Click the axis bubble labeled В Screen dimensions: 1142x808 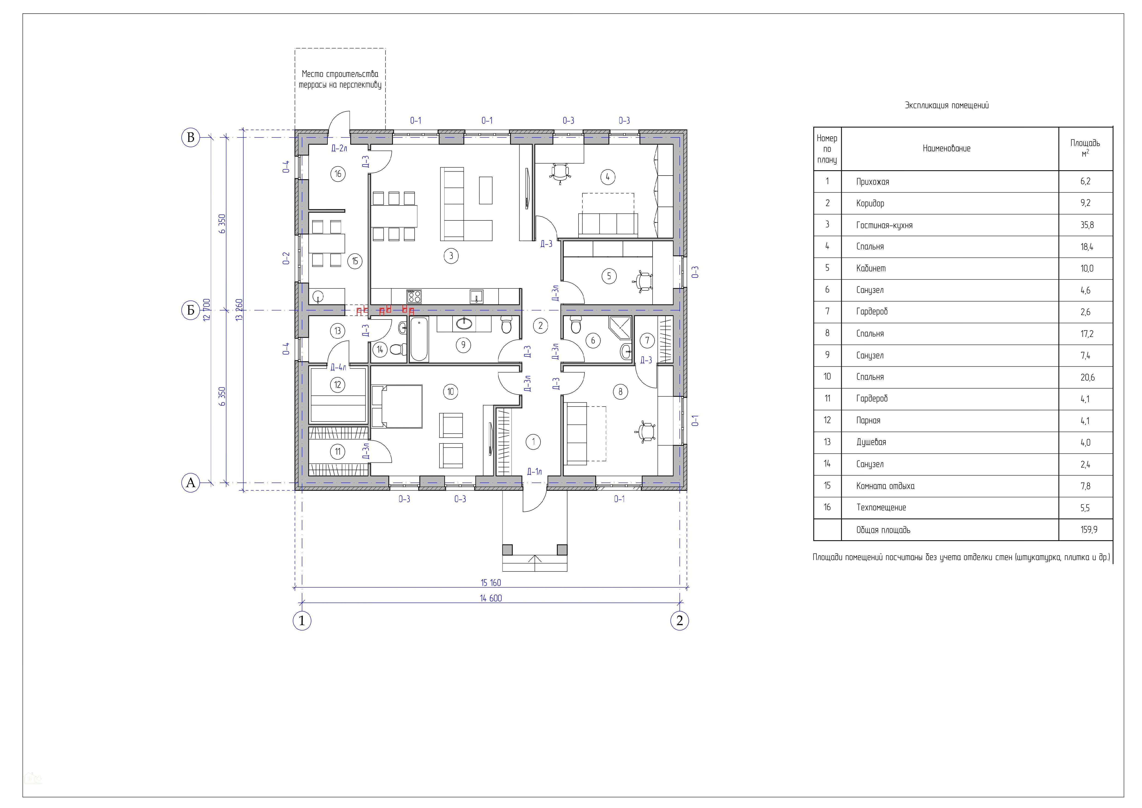tap(191, 137)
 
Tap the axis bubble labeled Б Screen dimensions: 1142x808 tap(191, 310)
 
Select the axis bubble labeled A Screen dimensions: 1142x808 tap(191, 483)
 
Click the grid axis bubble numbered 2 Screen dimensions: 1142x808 tap(680, 621)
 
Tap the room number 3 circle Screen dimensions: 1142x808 tap(451, 256)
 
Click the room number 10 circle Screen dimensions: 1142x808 tap(451, 392)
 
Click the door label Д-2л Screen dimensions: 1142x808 tap(339, 148)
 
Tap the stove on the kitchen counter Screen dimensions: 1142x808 tap(414, 296)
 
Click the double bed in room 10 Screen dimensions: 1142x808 tap(397, 406)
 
